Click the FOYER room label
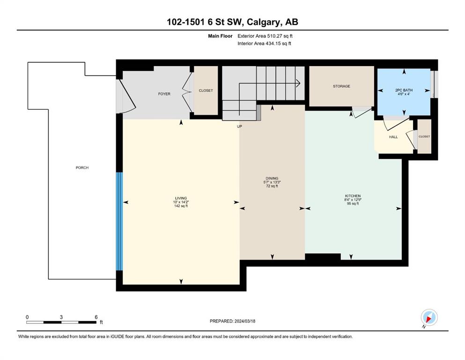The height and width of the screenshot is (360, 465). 164,94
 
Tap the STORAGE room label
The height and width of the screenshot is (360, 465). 341,86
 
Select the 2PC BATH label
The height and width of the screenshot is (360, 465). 404,90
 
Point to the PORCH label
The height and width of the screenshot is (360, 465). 82,168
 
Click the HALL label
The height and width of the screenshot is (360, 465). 393,137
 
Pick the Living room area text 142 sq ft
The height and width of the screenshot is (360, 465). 181,206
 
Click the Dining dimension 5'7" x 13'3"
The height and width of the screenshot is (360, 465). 272,182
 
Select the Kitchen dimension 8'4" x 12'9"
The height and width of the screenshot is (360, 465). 353,200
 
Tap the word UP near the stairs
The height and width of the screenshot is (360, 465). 239,127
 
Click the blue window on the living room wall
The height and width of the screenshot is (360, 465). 119,221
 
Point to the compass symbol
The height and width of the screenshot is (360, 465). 429,317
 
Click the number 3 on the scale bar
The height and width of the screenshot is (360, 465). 61,317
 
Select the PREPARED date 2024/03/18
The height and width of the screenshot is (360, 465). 244,321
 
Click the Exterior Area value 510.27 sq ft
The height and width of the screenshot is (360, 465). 280,36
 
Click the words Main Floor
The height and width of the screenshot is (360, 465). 220,36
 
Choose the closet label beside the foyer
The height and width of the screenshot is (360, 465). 206,90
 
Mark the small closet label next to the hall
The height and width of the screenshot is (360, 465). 424,136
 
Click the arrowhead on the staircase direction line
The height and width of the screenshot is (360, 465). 298,83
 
